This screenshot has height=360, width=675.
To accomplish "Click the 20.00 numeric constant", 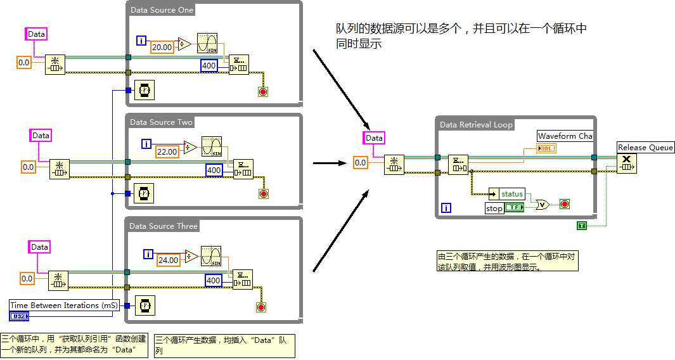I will coord(162,47).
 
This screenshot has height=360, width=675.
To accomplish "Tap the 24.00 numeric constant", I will coord(169,260).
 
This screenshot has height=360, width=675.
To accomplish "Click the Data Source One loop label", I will coord(162,10).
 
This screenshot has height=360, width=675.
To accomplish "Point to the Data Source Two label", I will coord(161,122).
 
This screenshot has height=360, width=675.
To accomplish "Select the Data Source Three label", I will coord(164,226).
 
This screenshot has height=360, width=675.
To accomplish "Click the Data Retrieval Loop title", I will coord(476,125).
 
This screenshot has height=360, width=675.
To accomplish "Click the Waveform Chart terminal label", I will coord(565,136).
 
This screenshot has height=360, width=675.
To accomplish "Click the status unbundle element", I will coord(511,194).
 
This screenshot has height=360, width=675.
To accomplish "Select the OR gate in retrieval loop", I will coord(543,204).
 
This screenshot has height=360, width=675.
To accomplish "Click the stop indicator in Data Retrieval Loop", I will coord(565,204).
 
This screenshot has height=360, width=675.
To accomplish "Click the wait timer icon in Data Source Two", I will coord(145,193).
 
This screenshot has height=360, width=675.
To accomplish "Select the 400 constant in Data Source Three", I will coord(214,281).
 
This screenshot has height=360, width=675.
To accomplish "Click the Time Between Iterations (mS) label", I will coord(64,305).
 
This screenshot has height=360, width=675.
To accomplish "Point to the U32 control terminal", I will coord(18,316).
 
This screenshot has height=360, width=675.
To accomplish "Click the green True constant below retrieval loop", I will coord(581,226).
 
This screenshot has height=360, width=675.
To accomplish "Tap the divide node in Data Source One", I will coord(184,43).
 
